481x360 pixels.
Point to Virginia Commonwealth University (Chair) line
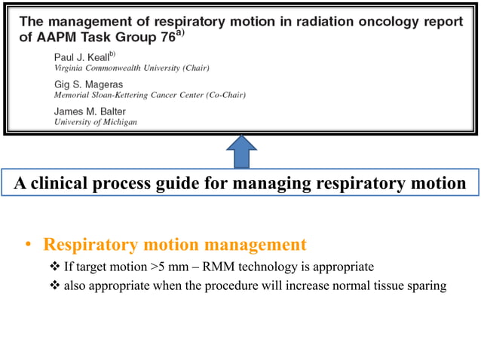point(131,68)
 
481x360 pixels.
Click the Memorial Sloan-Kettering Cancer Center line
point(149,96)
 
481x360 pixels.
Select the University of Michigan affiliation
point(95,123)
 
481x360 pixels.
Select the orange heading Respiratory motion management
point(175,245)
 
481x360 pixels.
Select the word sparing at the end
point(428,285)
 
